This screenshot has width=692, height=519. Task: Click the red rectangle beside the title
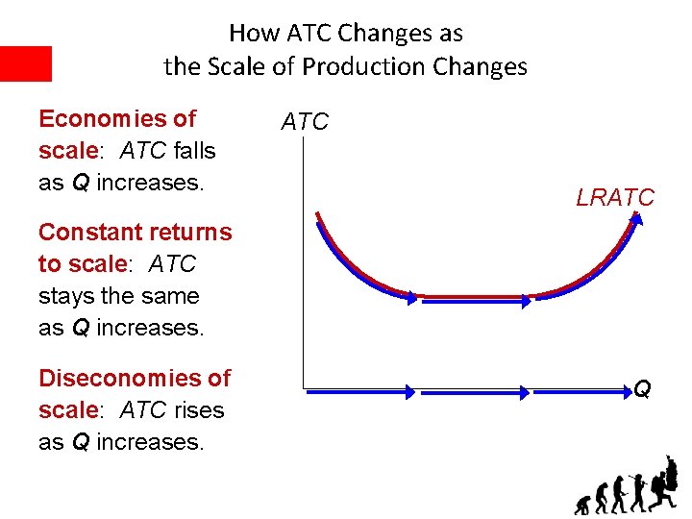tap(25, 63)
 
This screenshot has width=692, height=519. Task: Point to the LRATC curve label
tap(615, 198)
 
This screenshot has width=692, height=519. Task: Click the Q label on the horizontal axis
tap(642, 389)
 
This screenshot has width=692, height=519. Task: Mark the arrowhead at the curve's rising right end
tap(635, 220)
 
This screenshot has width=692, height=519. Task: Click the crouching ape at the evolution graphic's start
tap(582, 504)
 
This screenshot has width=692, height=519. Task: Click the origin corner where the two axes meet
tap(304, 390)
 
